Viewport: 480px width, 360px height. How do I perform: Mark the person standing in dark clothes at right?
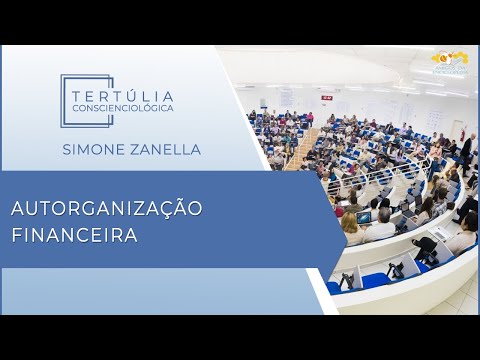[466, 150]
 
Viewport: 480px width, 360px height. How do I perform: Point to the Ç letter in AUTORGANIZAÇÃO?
[167, 209]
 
